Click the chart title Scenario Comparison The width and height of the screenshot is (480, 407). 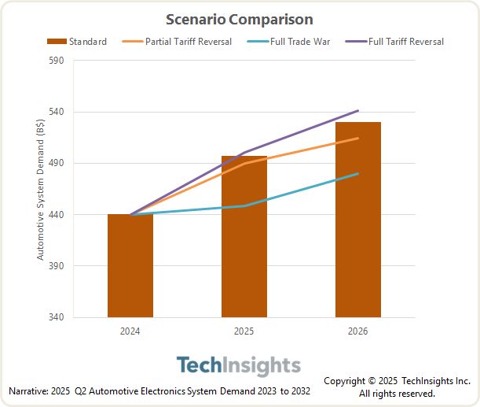pyautogui.click(x=239, y=19)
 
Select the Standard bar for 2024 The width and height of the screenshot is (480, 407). pyautogui.click(x=130, y=265)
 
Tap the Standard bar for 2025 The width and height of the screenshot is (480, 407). pyautogui.click(x=244, y=236)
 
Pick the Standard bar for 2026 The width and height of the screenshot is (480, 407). pyautogui.click(x=358, y=220)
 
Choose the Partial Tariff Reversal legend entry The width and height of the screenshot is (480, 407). pyautogui.click(x=183, y=42)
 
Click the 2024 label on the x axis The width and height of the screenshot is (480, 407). pyautogui.click(x=130, y=331)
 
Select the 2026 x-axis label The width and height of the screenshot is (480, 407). pyautogui.click(x=358, y=331)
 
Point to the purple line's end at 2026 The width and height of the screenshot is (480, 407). pyautogui.click(x=358, y=111)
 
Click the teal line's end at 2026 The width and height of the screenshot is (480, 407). pyautogui.click(x=358, y=173)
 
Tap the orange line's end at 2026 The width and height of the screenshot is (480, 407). pyautogui.click(x=358, y=139)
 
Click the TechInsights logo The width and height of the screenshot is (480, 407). pyautogui.click(x=239, y=366)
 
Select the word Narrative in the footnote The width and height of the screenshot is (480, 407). pyautogui.click(x=27, y=391)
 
